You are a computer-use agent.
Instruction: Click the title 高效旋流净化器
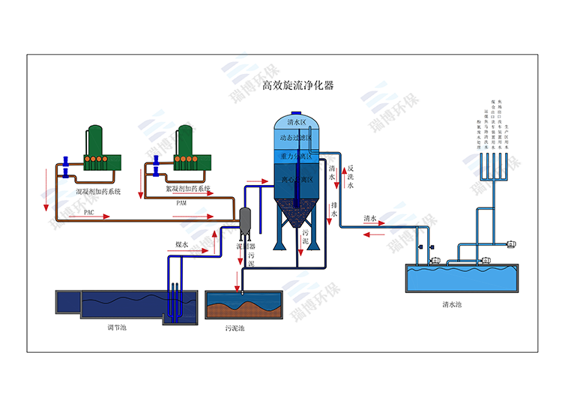click(297, 85)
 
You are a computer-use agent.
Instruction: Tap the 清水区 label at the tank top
click(297, 122)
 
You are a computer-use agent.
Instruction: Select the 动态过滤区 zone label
click(295, 139)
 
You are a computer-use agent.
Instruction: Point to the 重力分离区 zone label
click(295, 157)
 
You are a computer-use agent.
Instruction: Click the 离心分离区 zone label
click(295, 180)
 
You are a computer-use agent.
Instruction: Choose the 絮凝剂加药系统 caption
click(188, 190)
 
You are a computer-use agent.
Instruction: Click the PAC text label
click(88, 212)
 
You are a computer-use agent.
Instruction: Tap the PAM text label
click(181, 203)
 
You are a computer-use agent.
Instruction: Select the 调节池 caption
click(117, 327)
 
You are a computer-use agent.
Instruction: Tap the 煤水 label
click(182, 244)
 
